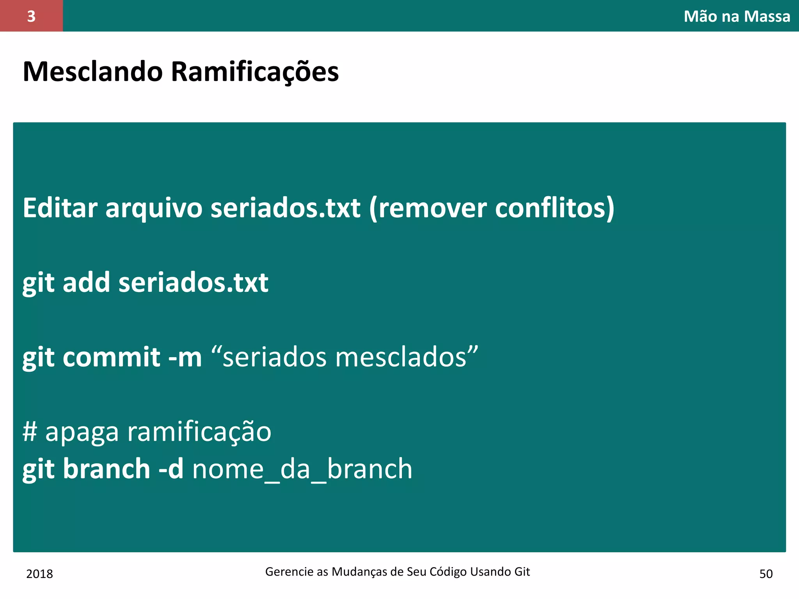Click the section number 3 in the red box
click(31, 16)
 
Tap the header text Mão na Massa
click(737, 16)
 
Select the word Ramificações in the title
click(255, 72)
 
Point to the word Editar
click(60, 208)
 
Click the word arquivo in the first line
click(154, 208)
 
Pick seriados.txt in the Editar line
click(285, 208)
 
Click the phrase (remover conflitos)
click(492, 208)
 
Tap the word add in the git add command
click(86, 282)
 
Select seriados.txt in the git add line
click(193, 282)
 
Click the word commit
click(111, 357)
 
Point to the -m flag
click(185, 357)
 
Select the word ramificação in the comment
click(199, 432)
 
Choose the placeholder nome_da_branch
click(302, 469)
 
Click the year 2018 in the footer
click(39, 574)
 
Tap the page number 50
click(766, 574)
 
